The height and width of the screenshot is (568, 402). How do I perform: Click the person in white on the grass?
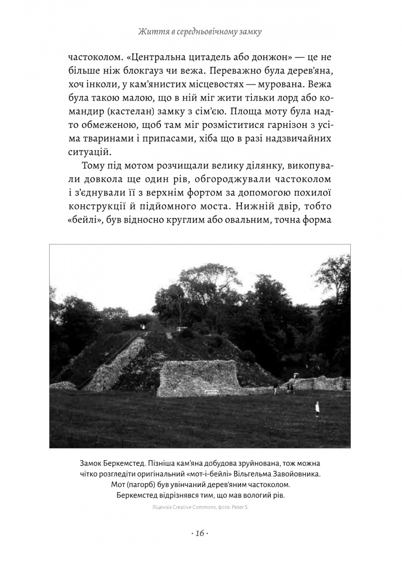317,408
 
